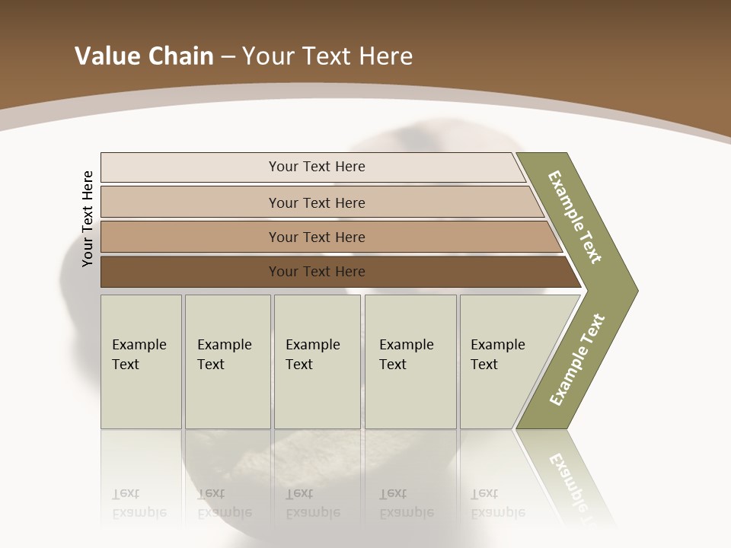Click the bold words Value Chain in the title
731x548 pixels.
point(144,56)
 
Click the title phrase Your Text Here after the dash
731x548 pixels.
point(327,56)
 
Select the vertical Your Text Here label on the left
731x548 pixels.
point(88,218)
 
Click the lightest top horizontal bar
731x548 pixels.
point(190,167)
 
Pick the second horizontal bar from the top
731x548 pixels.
point(190,202)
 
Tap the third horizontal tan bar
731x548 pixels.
point(190,237)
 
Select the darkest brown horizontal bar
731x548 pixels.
point(190,272)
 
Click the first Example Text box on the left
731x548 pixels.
point(141,362)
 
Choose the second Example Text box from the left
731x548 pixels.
point(227,362)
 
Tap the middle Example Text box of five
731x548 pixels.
point(317,362)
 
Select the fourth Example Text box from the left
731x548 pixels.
point(410,362)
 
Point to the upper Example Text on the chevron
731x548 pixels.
point(575,217)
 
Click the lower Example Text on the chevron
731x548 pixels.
point(577,359)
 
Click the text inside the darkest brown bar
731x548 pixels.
point(317,272)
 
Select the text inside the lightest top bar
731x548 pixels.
point(317,167)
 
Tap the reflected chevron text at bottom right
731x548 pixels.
point(570,479)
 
